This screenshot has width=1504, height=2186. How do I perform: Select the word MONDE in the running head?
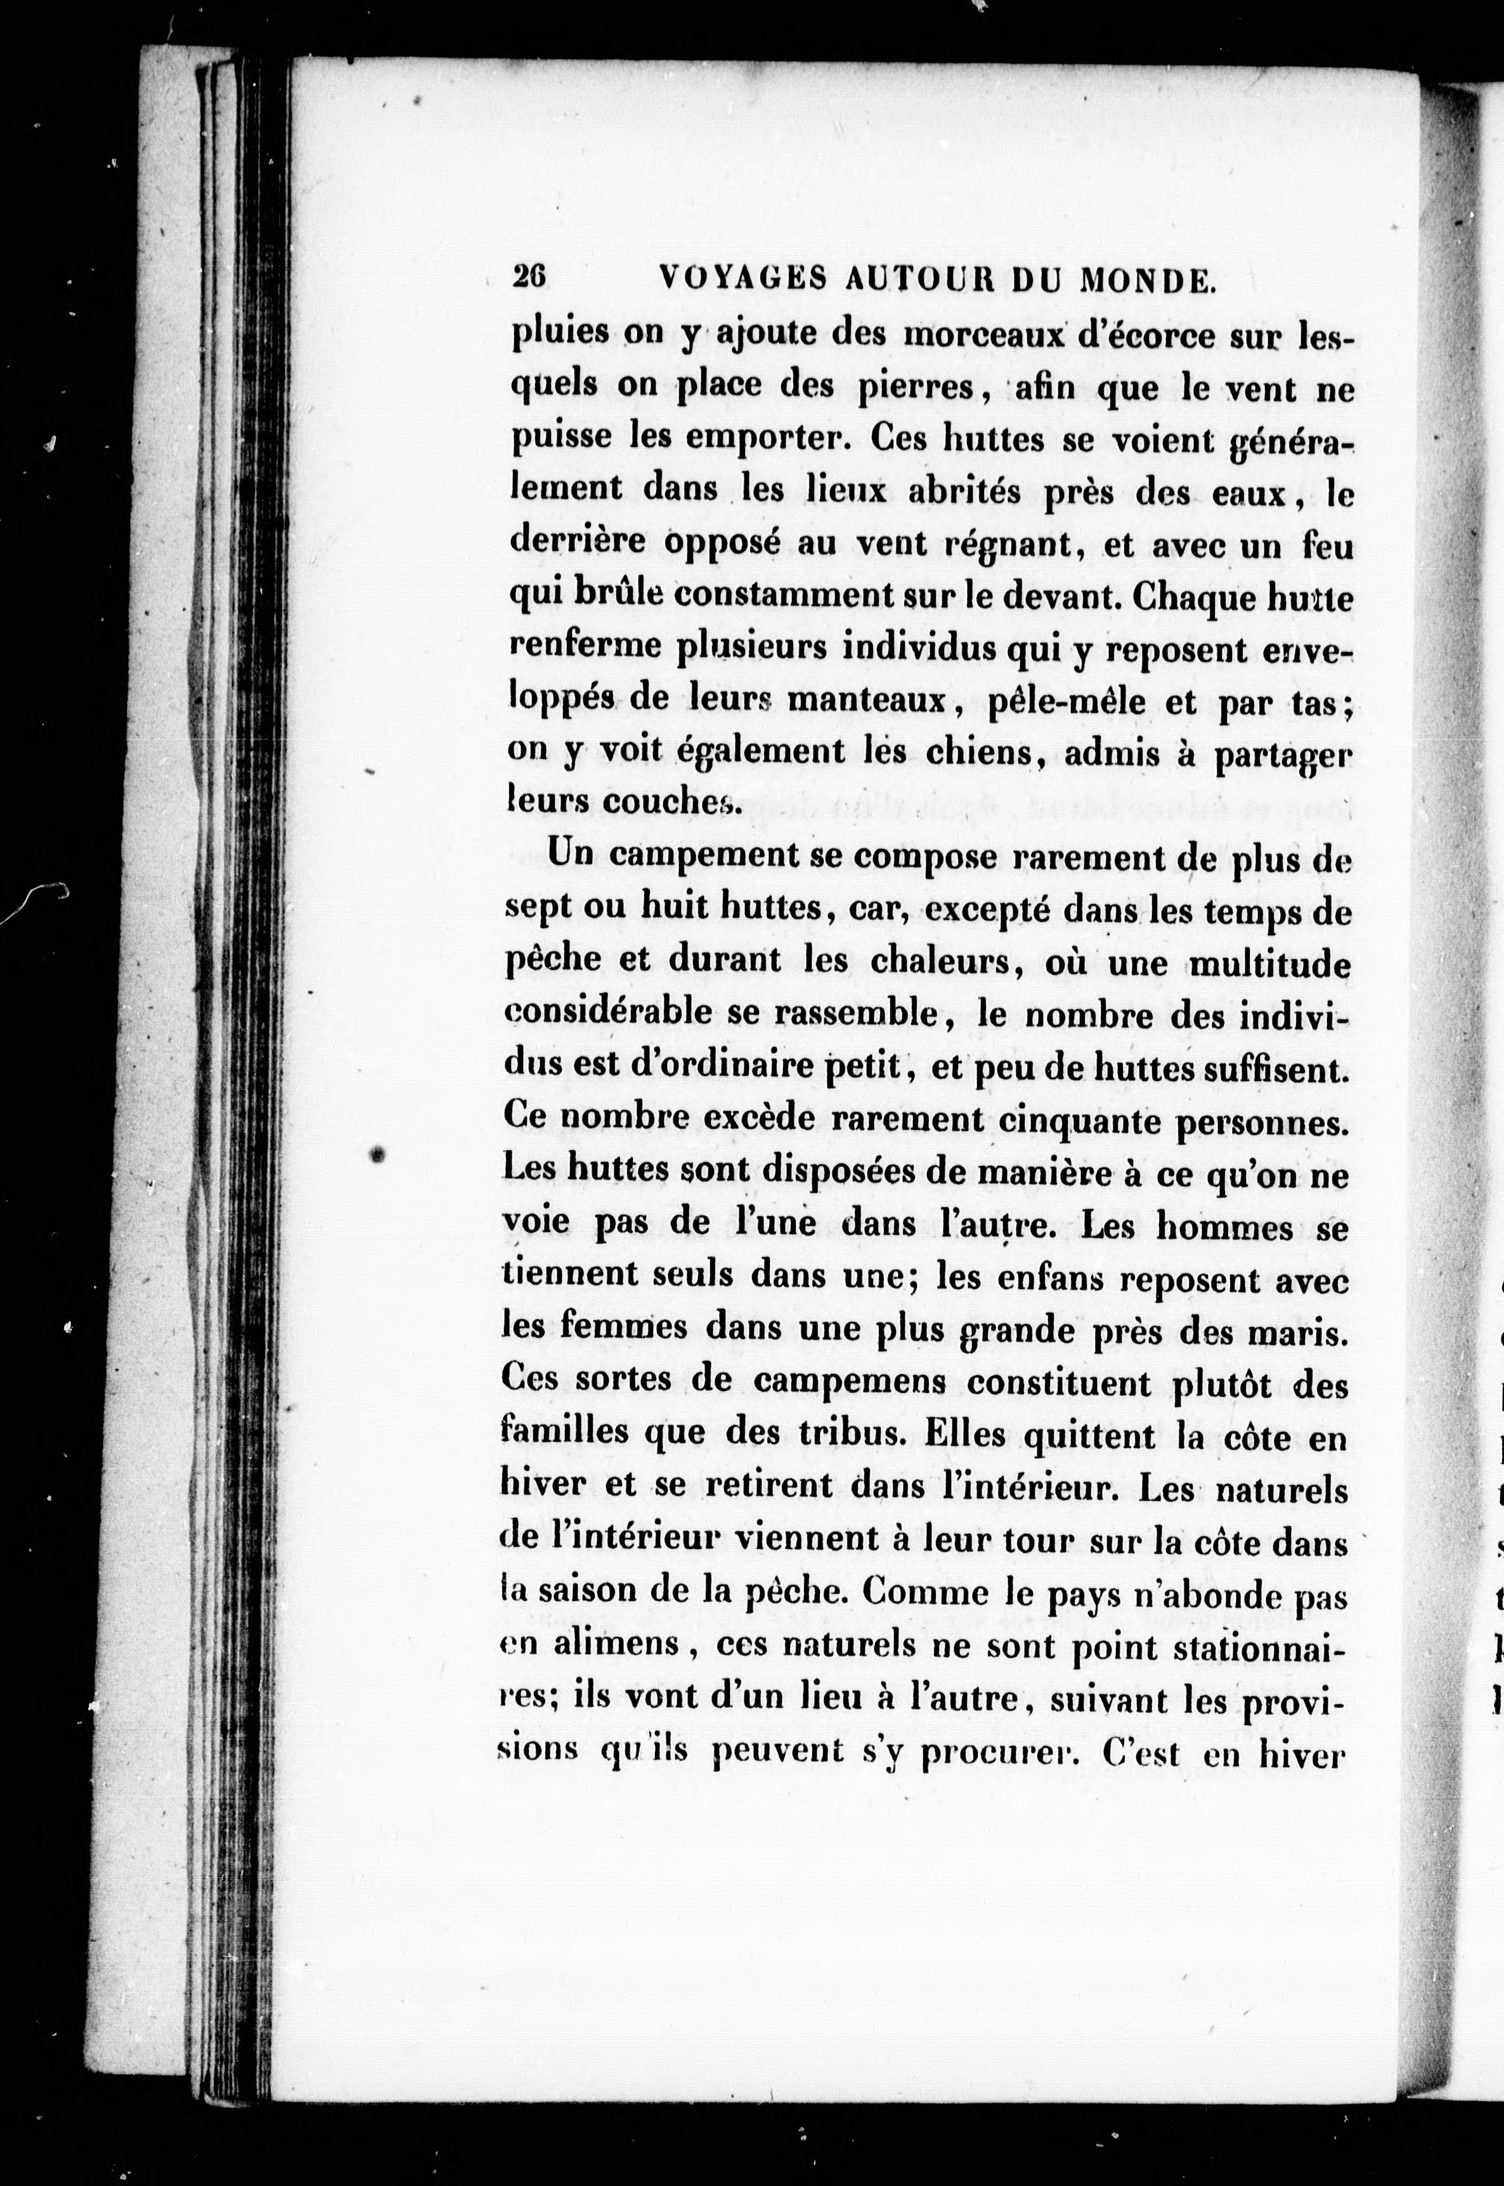point(1145,280)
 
